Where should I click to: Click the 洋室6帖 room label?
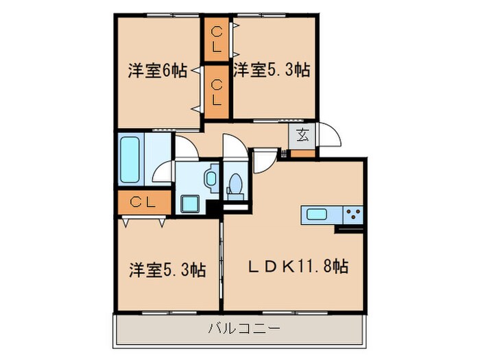[x=157, y=71]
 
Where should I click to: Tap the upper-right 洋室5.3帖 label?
[x=271, y=70]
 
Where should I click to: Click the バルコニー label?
[x=244, y=329]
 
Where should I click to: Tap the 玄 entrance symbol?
[x=302, y=134]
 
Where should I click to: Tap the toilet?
[x=235, y=184]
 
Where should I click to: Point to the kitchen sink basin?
[x=316, y=214]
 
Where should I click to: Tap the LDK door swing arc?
[x=263, y=161]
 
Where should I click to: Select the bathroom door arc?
[x=164, y=171]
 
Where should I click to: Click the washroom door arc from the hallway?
[x=184, y=146]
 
